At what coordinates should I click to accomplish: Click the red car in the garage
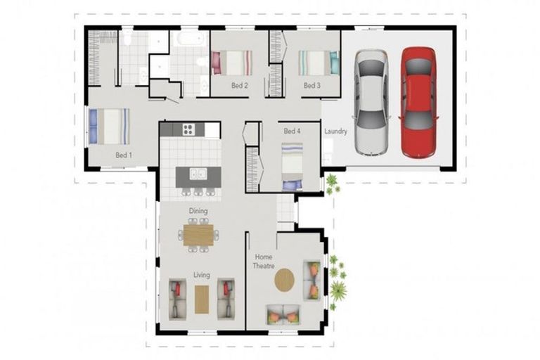click(x=418, y=103)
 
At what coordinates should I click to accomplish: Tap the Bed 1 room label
click(x=124, y=155)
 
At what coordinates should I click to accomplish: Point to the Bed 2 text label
click(x=239, y=86)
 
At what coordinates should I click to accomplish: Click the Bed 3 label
click(x=311, y=86)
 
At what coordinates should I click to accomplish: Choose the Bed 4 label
click(x=292, y=131)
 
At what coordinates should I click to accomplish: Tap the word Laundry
click(x=335, y=131)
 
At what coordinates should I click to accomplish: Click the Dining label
click(x=198, y=210)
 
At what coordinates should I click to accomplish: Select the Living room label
click(x=202, y=276)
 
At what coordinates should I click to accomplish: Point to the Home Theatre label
click(x=263, y=262)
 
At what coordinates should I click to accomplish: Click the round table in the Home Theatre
click(x=285, y=281)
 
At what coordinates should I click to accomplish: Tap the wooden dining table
click(x=198, y=233)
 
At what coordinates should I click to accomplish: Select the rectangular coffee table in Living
click(x=202, y=299)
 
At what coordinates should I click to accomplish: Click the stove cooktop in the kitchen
click(x=188, y=129)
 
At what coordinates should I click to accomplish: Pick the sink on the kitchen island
click(x=198, y=173)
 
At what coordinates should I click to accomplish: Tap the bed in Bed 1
click(x=108, y=126)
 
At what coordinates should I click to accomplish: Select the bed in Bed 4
click(x=292, y=167)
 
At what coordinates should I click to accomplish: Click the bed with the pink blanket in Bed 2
click(x=232, y=63)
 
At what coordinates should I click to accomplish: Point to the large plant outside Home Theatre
click(x=338, y=288)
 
